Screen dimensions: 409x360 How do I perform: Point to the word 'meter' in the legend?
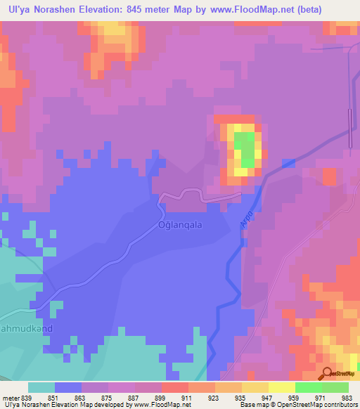pyautogui.click(x=11, y=397)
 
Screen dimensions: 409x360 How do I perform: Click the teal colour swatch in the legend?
pyautogui.click(x=41, y=387)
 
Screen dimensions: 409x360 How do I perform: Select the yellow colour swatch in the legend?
pyautogui.click(x=281, y=387)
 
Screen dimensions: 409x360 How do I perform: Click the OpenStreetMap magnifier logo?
pyautogui.click(x=327, y=373)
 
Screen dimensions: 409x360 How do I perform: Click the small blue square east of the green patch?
pyautogui.click(x=288, y=163)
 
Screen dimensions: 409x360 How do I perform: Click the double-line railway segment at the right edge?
pyautogui.click(x=349, y=128)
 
